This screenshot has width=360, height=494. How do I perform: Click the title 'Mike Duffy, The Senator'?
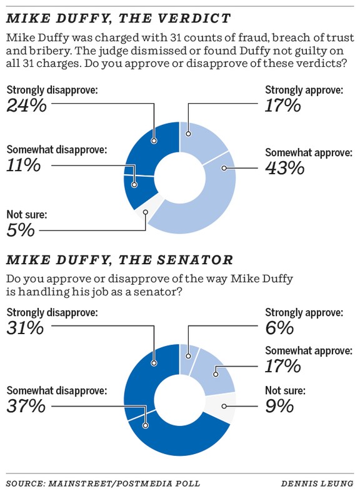point(119,259)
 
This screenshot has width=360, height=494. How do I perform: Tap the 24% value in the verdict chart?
point(26,105)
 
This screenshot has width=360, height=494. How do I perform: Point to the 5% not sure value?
point(20,230)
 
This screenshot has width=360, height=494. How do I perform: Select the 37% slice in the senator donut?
point(175,440)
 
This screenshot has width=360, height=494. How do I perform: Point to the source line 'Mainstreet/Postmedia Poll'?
point(103,483)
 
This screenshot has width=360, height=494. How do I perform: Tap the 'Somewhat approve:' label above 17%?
point(308,351)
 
